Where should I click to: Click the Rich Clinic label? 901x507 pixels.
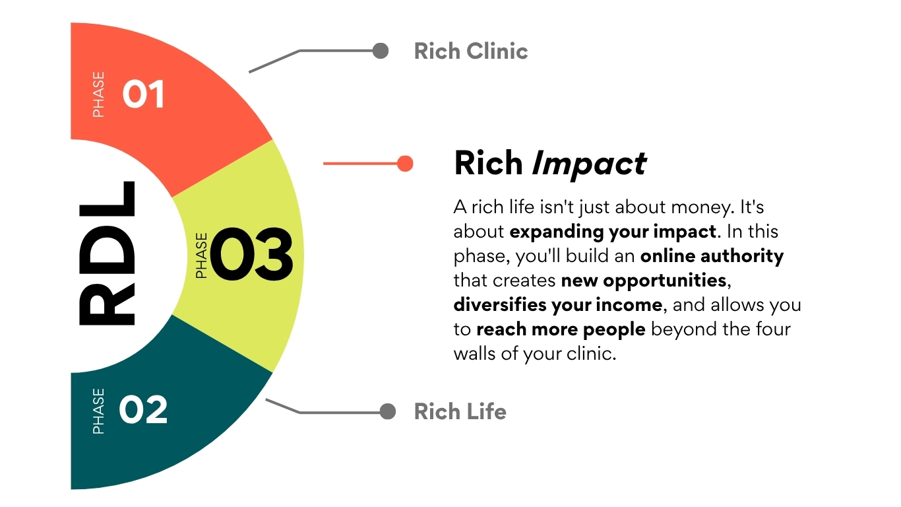470,51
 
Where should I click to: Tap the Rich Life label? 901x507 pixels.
460,411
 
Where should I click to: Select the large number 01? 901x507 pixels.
143,94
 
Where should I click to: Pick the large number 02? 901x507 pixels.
143,409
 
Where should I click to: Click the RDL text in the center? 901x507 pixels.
107,253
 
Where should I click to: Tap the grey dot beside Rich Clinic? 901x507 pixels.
381,51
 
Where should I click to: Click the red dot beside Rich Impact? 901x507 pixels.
405,164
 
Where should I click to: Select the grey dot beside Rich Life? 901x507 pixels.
388,411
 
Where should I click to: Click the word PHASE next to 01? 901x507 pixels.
98,94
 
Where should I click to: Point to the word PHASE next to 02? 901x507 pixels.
98,411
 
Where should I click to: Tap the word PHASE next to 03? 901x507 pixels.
202,255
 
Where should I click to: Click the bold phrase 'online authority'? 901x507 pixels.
712,256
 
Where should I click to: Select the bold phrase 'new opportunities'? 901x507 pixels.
644,281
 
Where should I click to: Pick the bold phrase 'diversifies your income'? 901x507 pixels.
558,305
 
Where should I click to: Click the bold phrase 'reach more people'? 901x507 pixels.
561,329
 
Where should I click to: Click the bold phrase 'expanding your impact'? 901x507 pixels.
613,232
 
